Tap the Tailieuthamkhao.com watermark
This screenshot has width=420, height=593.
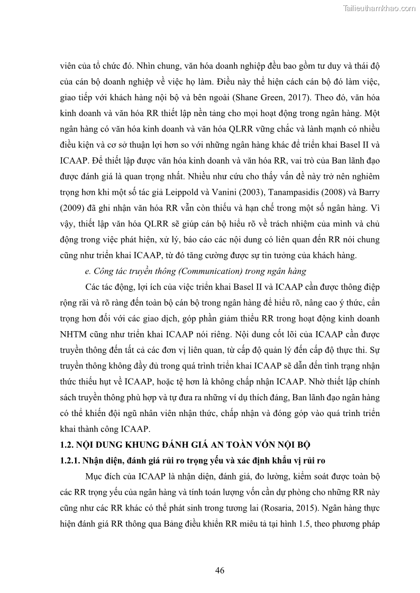(x=379, y=8)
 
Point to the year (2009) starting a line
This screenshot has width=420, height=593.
(x=71, y=207)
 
